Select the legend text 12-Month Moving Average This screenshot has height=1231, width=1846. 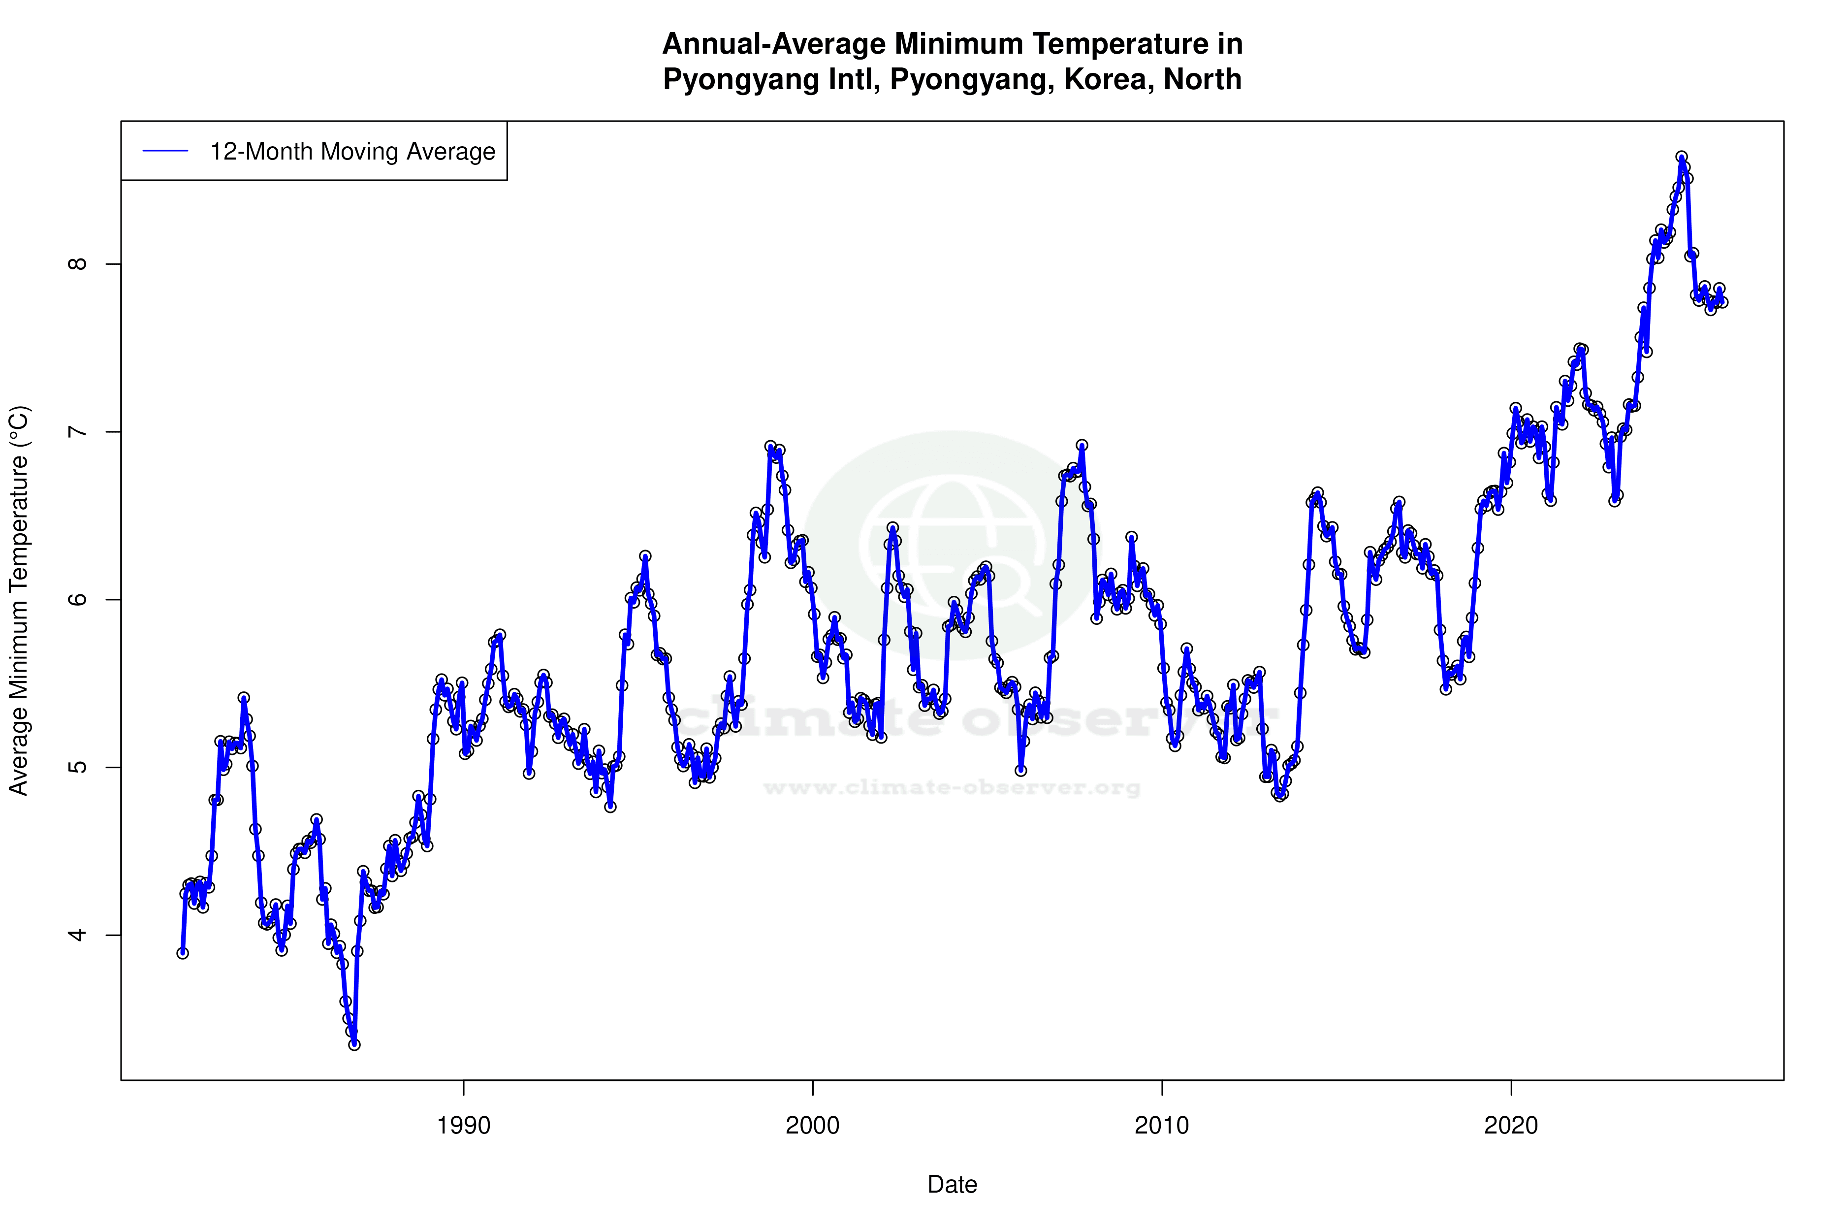click(x=352, y=152)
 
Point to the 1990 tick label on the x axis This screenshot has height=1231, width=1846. click(x=464, y=1126)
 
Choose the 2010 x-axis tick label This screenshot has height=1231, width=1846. click(x=1162, y=1126)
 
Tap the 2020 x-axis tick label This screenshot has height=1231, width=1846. click(x=1511, y=1126)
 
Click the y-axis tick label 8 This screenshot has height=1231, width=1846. click(x=78, y=264)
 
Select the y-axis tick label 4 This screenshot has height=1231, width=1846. click(x=78, y=935)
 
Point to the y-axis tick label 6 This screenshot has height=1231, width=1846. click(x=78, y=600)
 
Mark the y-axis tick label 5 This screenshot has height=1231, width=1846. click(x=78, y=767)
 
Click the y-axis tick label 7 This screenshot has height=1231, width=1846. click(x=78, y=432)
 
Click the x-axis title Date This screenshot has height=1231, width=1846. click(x=952, y=1185)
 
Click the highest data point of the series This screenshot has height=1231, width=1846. click(x=1681, y=157)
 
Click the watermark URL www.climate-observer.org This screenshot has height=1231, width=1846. click(x=952, y=787)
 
